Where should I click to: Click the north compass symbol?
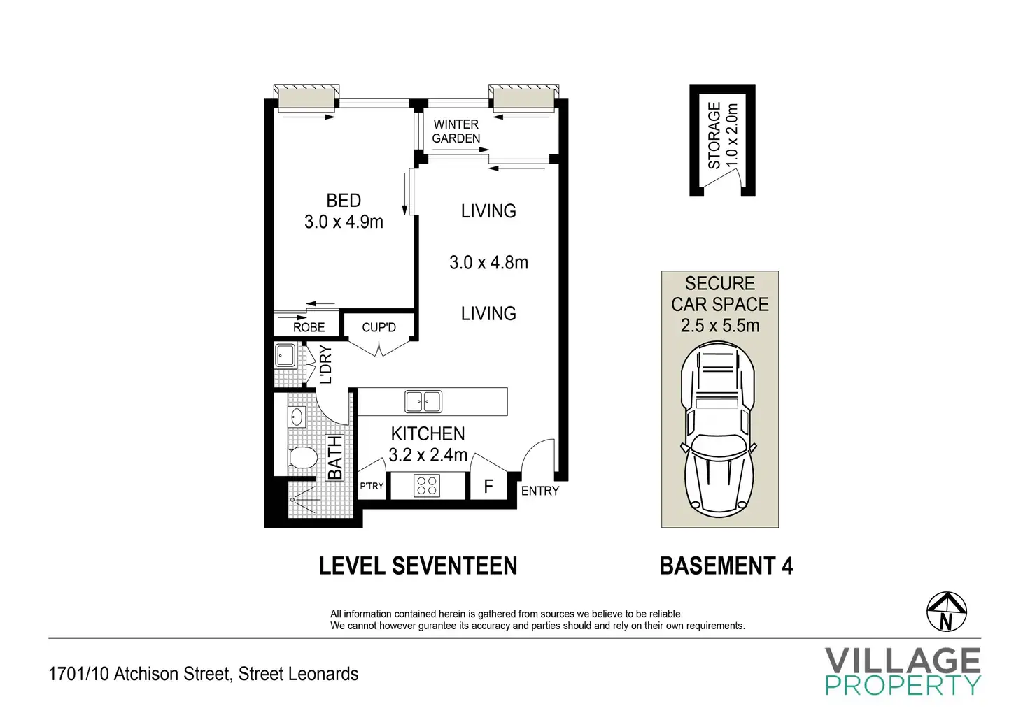tap(946, 612)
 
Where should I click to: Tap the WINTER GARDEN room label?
tap(456, 131)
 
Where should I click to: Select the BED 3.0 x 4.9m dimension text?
tap(344, 222)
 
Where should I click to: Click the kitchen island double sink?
tap(423, 401)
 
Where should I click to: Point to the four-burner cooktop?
tap(426, 486)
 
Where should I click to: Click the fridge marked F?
tap(488, 486)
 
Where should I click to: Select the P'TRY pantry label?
tap(372, 486)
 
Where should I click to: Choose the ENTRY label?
tap(539, 491)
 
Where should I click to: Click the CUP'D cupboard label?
tap(379, 327)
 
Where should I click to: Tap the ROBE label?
tap(309, 327)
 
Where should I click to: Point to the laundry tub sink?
tap(285, 356)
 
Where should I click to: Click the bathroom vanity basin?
tap(297, 417)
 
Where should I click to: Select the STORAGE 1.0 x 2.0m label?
tap(722, 136)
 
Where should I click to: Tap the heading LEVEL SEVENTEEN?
tap(418, 566)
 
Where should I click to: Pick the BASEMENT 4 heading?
tap(726, 566)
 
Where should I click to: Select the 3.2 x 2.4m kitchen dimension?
tap(428, 454)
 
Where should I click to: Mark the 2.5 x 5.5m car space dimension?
tap(719, 325)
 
